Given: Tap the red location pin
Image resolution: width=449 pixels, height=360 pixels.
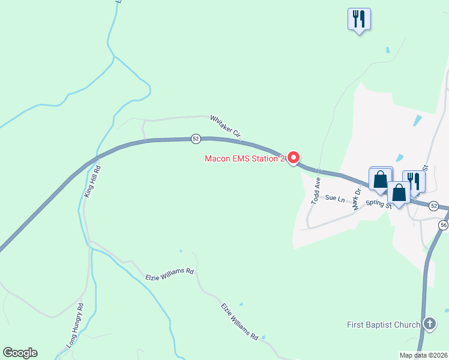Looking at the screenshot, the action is (294, 158).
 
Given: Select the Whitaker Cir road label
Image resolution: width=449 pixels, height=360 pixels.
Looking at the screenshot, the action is (225, 127).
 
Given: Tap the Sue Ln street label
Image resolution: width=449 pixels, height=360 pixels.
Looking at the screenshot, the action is (336, 197).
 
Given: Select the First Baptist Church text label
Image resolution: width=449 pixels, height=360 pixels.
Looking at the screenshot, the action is (384, 325).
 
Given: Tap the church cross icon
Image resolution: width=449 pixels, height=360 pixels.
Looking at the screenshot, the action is (430, 325).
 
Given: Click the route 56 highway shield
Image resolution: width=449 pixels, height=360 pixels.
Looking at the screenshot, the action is (443, 224).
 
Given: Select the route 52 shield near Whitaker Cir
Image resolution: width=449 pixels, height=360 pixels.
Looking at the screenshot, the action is (196, 139).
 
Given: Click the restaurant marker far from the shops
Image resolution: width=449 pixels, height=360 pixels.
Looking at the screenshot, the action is (359, 19).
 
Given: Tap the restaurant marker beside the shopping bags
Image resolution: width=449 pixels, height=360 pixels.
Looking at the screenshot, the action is (414, 181).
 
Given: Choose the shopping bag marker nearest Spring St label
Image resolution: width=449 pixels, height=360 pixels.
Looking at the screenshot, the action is (399, 193).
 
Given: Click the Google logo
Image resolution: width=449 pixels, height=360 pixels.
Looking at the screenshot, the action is (20, 353).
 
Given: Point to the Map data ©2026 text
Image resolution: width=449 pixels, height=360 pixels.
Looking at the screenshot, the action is (423, 355).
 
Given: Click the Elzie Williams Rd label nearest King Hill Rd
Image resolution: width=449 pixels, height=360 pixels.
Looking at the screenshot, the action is (170, 274).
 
